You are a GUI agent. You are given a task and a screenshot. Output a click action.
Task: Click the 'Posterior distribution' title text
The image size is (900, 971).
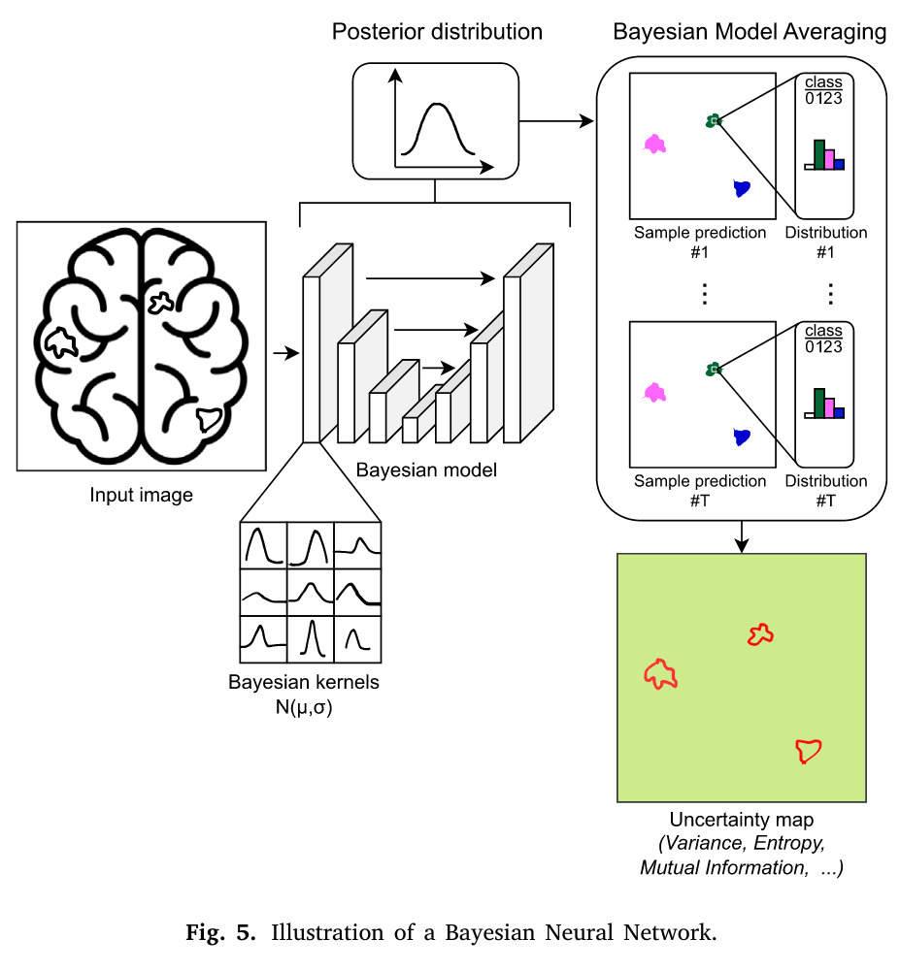coord(437,31)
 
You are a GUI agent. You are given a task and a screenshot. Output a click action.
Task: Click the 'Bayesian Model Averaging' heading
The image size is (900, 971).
coord(750,31)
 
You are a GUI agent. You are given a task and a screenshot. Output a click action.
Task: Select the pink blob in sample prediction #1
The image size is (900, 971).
coord(655,145)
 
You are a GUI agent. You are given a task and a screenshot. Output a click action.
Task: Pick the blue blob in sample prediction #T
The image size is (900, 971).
coord(743,437)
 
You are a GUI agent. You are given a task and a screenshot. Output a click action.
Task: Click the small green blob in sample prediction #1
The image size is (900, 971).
coord(714,120)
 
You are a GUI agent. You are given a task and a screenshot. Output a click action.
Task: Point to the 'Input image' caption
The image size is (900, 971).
coord(142,496)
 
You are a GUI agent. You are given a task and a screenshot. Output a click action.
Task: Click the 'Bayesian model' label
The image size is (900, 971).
coord(426,471)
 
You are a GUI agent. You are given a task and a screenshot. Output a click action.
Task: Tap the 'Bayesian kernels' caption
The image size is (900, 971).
coord(304,682)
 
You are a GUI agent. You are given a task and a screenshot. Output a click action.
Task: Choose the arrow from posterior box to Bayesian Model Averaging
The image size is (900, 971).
coord(556,121)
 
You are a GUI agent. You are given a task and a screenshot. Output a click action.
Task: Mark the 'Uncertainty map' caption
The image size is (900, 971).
coord(741,821)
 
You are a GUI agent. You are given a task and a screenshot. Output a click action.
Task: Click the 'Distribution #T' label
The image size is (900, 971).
coord(826,490)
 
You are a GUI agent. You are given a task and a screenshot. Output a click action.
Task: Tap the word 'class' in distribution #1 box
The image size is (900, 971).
coord(824,82)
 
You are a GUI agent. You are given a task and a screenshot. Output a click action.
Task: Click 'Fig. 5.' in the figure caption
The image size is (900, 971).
coord(222,935)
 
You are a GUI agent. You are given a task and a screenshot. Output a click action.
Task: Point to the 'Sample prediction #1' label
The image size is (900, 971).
coord(700,242)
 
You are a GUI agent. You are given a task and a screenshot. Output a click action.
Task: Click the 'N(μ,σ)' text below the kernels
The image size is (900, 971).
coord(304,706)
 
